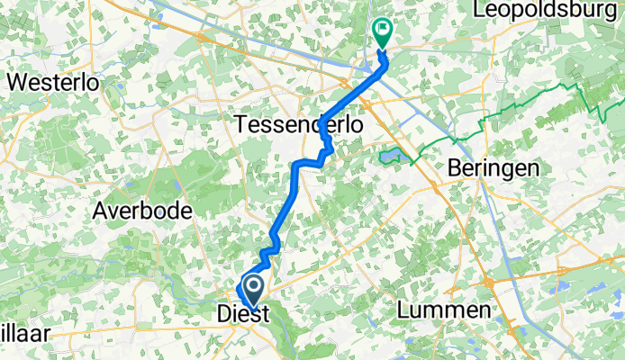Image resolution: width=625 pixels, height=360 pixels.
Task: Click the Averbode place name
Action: (x=142, y=211)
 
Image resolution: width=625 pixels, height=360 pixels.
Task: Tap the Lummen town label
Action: (x=445, y=310)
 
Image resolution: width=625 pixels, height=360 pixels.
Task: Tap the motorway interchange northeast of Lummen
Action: (x=493, y=280)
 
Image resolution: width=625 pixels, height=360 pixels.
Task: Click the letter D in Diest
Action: (x=224, y=315)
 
